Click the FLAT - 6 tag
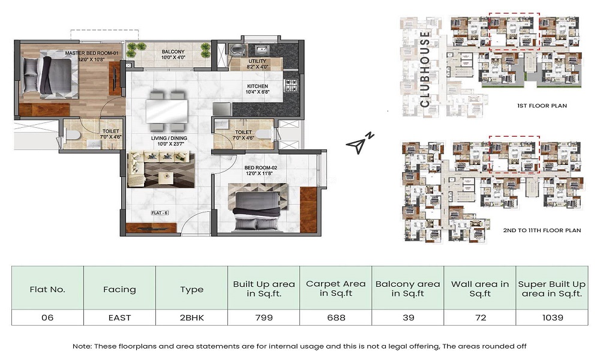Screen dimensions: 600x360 [x=160, y=213]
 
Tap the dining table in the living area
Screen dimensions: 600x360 [x=167, y=111]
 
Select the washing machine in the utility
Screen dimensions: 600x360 [x=236, y=50]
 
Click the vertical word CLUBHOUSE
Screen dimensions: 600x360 [x=425, y=69]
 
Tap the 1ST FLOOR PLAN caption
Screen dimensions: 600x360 [x=542, y=106]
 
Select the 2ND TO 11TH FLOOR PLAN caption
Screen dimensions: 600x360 [x=542, y=230]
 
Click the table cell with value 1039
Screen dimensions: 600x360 [x=552, y=317]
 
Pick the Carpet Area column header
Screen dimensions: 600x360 [x=335, y=289]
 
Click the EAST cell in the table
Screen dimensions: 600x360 [x=119, y=317]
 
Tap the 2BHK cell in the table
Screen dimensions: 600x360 [x=192, y=317]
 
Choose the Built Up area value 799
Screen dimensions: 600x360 [x=264, y=317]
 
